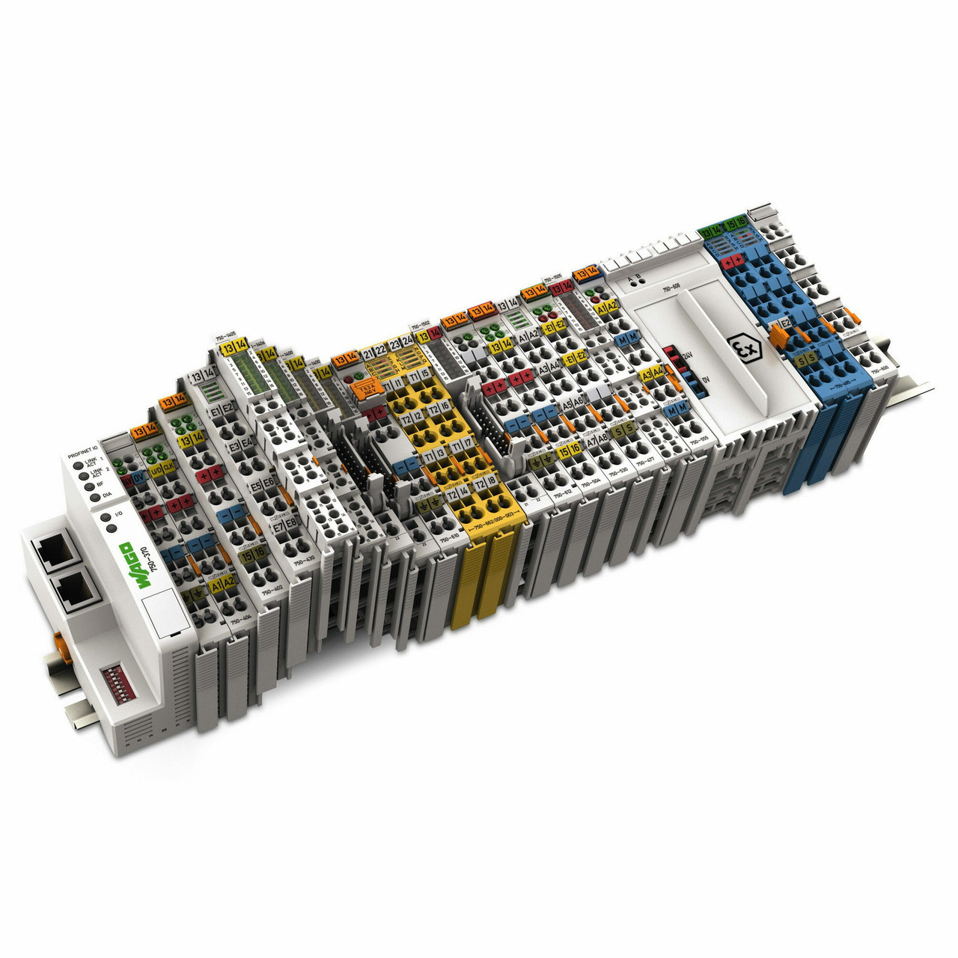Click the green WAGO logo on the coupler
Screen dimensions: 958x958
point(124,558)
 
